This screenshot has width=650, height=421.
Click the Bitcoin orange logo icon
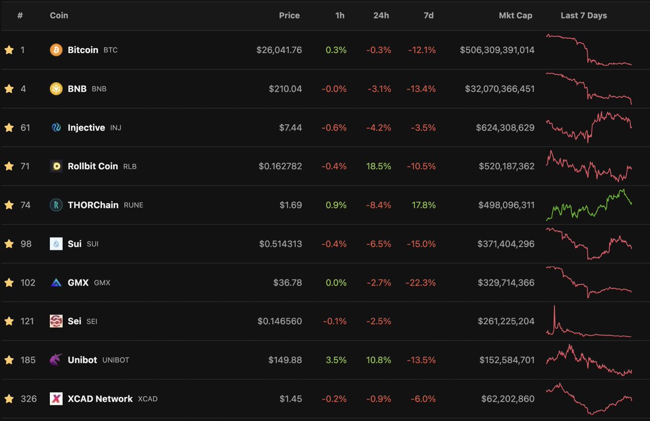pyautogui.click(x=56, y=50)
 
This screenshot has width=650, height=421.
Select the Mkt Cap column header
pyautogui.click(x=515, y=15)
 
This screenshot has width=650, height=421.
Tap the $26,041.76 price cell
pyautogui.click(x=279, y=50)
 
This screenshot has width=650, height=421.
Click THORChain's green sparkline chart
pyautogui.click(x=589, y=205)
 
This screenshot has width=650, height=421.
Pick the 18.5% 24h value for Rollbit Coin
pyautogui.click(x=378, y=166)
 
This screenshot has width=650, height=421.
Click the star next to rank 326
pyautogui.click(x=9, y=399)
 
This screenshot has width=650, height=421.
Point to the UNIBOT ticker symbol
pyautogui.click(x=115, y=360)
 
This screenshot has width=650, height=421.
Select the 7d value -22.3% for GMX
pyautogui.click(x=420, y=282)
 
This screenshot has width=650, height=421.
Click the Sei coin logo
pyautogui.click(x=56, y=321)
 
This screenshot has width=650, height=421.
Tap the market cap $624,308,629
pyautogui.click(x=505, y=128)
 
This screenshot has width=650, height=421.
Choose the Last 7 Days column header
pyautogui.click(x=583, y=15)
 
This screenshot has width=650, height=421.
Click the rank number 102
pyautogui.click(x=28, y=282)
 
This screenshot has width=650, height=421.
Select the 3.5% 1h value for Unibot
pyautogui.click(x=336, y=360)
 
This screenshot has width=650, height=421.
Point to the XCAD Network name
pyautogui.click(x=100, y=399)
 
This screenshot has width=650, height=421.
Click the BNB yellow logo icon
pyautogui.click(x=56, y=89)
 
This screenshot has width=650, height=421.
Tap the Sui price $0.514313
pyautogui.click(x=279, y=244)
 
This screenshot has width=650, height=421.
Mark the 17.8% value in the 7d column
pyautogui.click(x=424, y=205)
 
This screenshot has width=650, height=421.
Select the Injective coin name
pyautogui.click(x=86, y=128)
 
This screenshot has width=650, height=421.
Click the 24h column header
pyautogui.click(x=381, y=15)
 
